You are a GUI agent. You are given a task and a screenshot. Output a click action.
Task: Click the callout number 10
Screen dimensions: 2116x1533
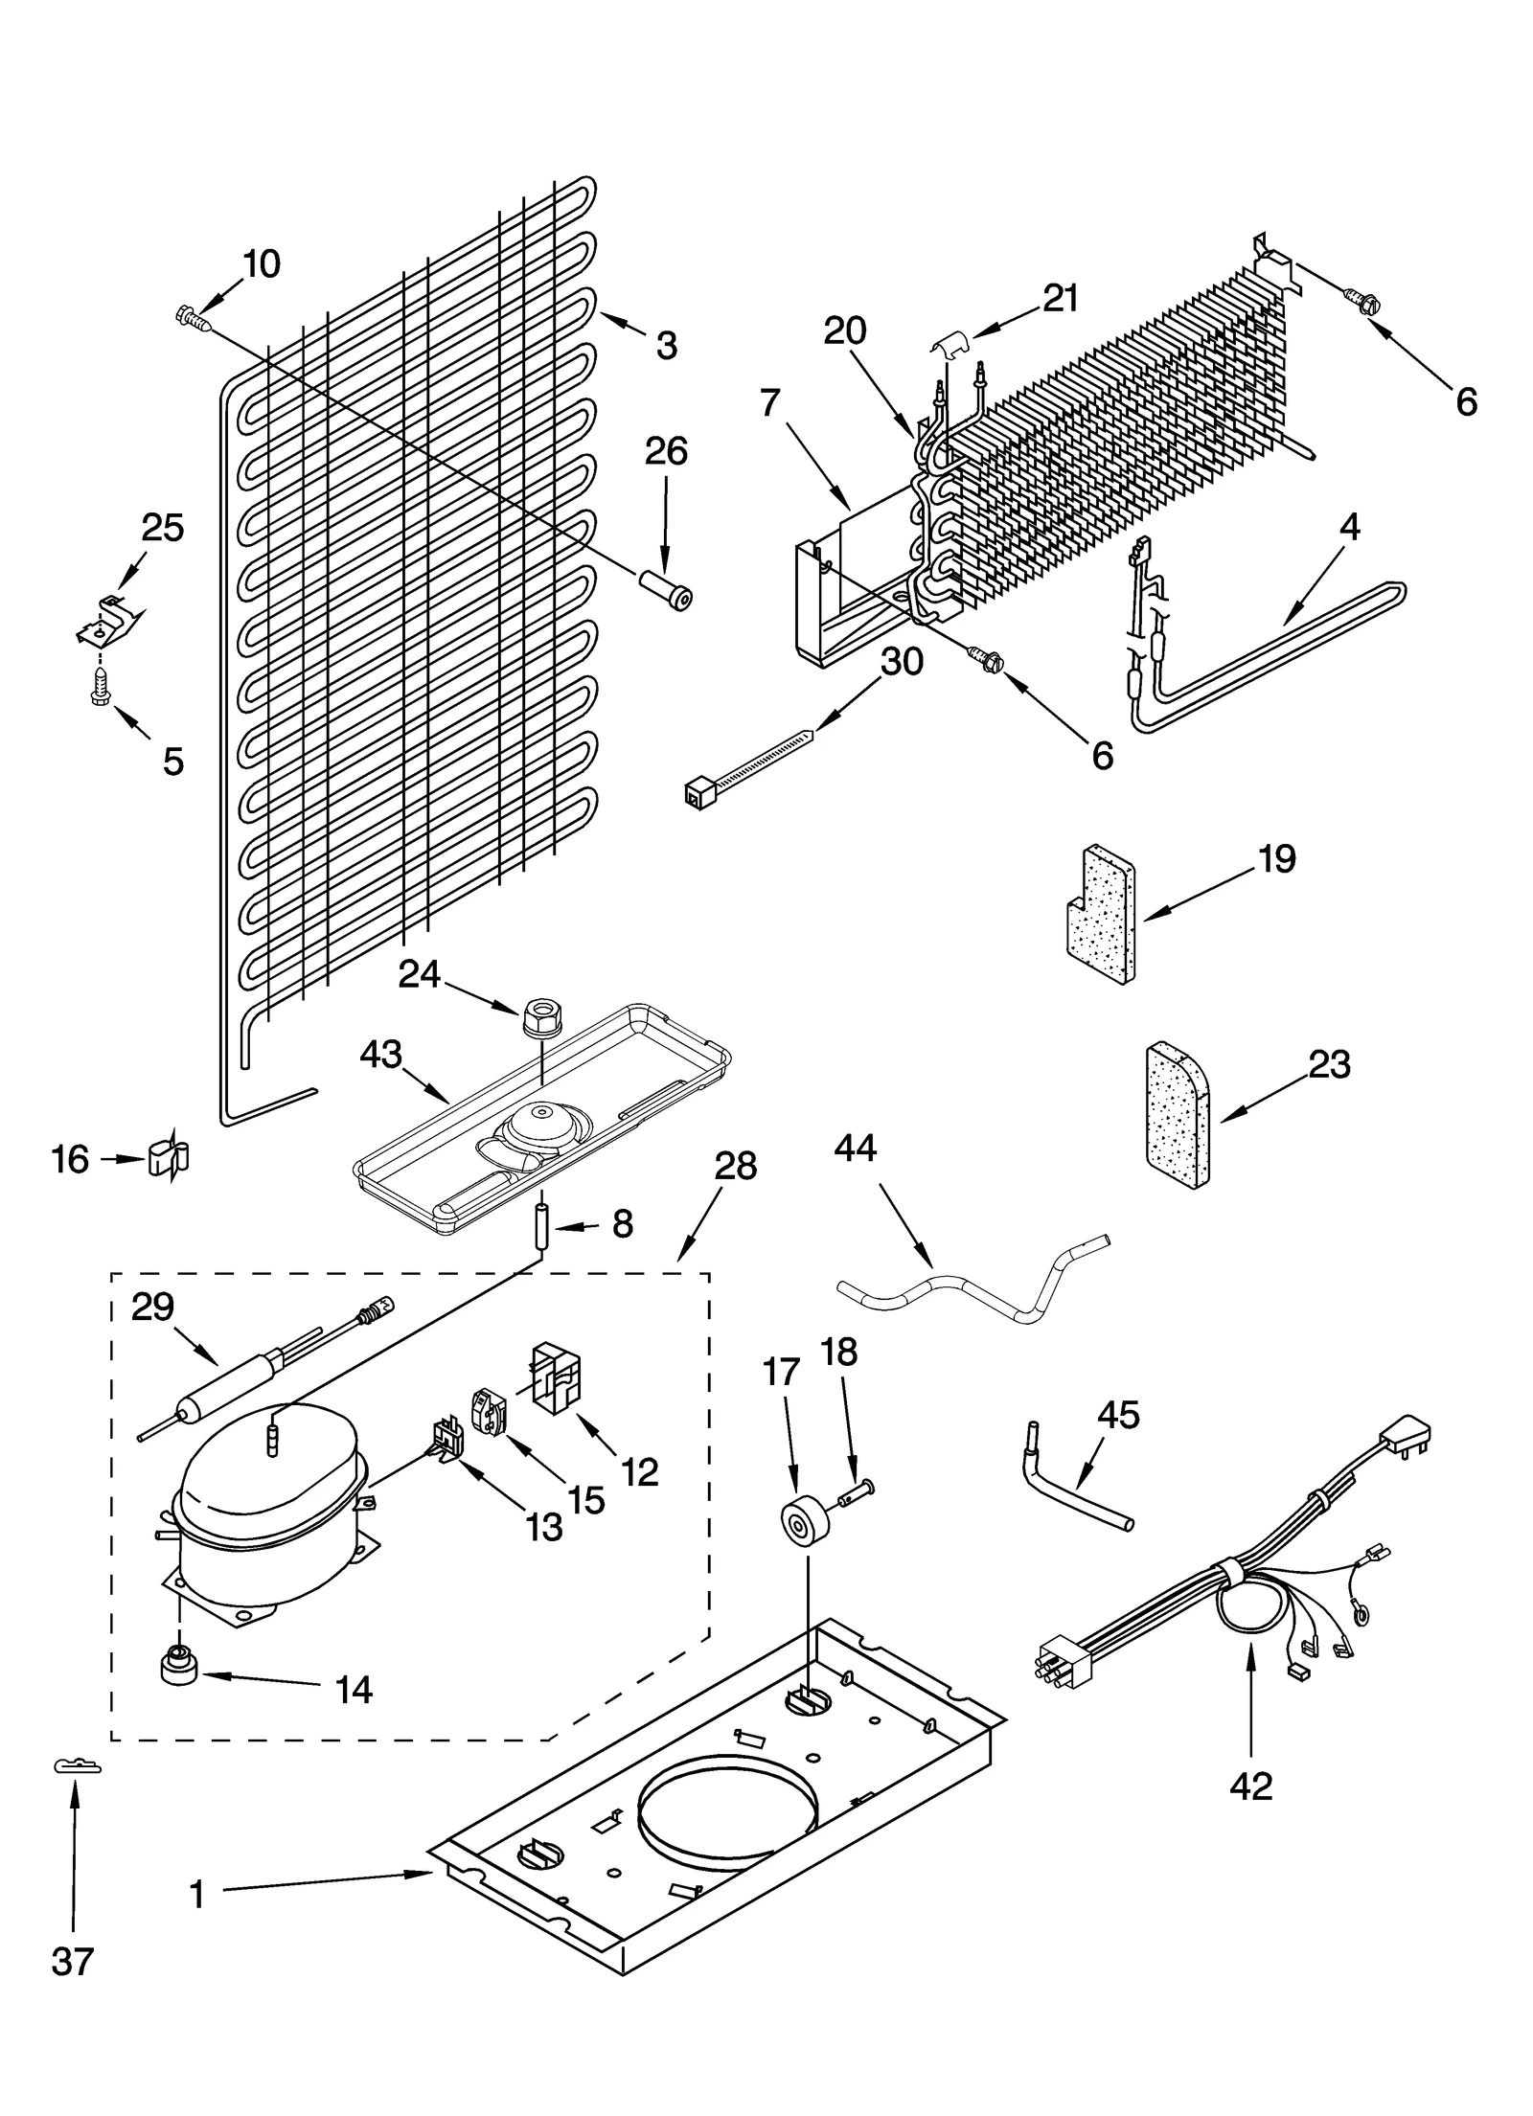(x=261, y=264)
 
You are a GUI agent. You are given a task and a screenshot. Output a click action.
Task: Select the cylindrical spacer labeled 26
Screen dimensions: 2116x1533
(x=665, y=587)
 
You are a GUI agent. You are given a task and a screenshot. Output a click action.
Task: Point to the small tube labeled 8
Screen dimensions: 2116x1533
(x=541, y=1227)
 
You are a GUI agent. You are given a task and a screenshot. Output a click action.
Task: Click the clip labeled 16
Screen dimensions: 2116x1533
(x=169, y=1157)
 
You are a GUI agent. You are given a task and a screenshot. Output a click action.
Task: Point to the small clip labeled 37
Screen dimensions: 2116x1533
(x=74, y=1765)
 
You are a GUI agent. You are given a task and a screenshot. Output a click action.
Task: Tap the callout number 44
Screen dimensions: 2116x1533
(x=855, y=1147)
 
